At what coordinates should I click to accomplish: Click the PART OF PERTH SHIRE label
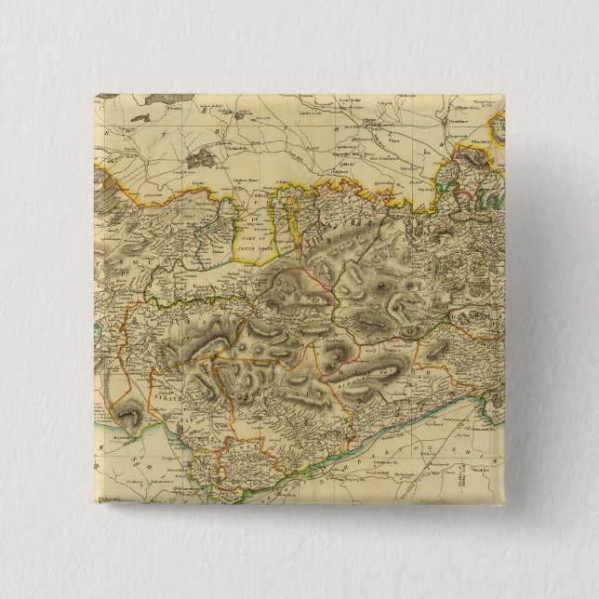[x=258, y=228]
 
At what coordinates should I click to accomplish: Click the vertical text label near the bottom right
[x=464, y=480]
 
